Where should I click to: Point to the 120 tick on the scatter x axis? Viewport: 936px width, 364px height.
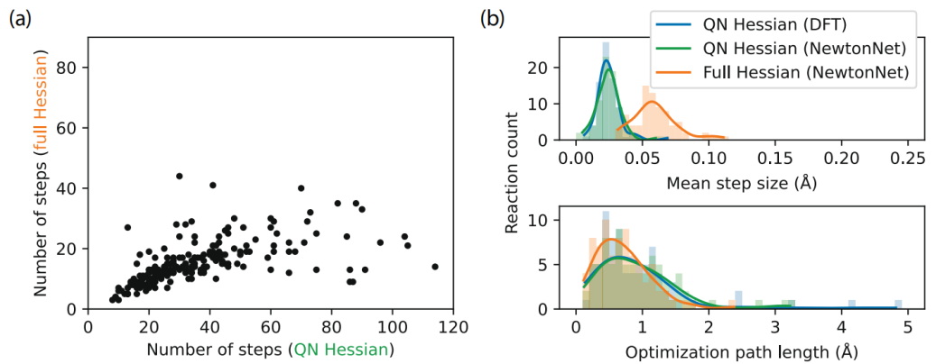coord(453,325)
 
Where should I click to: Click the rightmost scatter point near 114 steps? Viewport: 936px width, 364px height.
coord(435,267)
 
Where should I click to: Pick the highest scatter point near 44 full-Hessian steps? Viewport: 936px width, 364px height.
coord(179,177)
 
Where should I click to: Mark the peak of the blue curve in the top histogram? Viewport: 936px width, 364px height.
coord(606,60)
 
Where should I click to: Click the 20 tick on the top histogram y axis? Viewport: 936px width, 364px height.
coord(549,68)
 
